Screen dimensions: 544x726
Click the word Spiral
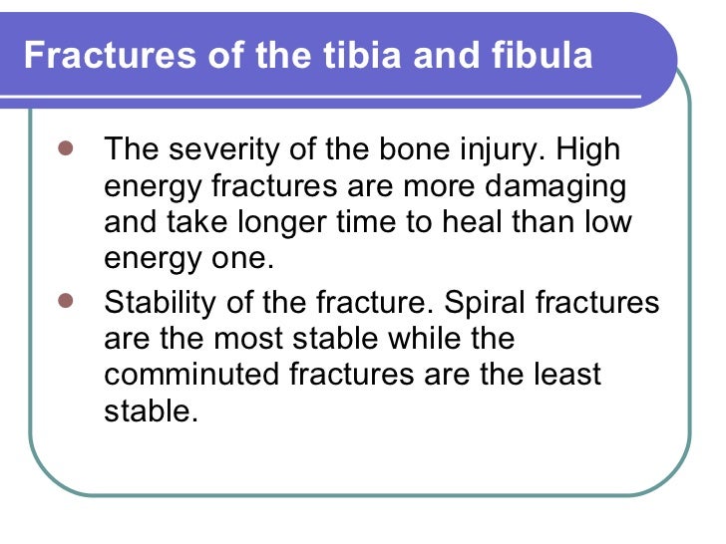[501, 302]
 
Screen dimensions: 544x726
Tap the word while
[408, 338]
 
